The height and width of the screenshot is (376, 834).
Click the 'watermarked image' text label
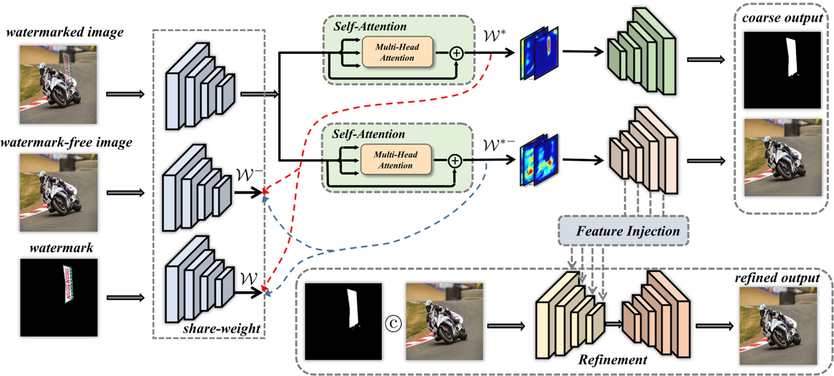point(65,33)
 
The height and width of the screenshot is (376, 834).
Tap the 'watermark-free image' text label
point(66,143)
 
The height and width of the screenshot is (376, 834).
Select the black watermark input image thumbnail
point(58,297)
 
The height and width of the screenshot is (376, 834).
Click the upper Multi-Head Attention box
point(397,52)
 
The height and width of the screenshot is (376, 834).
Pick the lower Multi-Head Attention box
point(395,160)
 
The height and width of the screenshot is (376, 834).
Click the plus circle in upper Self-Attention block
point(456,53)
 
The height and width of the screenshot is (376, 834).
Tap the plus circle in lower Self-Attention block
point(454,161)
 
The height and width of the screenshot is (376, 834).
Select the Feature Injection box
point(623,231)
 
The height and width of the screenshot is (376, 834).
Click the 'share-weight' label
point(221,329)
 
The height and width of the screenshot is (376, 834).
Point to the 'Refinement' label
point(612,360)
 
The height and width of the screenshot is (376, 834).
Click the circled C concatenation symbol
point(393,324)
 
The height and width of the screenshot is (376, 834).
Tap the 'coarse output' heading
point(782,18)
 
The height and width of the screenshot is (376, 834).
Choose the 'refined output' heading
point(777,278)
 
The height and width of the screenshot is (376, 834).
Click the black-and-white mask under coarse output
point(782,70)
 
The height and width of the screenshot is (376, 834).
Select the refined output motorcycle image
point(778,326)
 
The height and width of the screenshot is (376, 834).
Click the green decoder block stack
point(642,53)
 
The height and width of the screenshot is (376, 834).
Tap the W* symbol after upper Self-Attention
point(494,35)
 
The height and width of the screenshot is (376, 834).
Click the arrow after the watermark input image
point(126,297)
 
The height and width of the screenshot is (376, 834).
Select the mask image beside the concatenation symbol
point(343,321)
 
